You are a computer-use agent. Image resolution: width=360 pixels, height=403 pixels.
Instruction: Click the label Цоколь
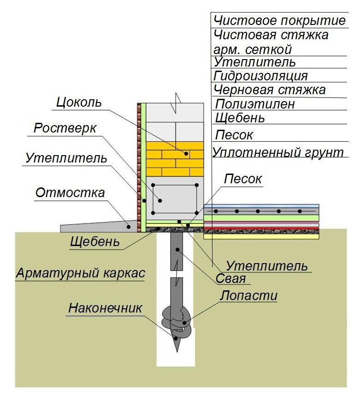pyautogui.click(x=78, y=102)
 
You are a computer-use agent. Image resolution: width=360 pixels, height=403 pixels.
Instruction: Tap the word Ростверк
pyautogui.click(x=65, y=128)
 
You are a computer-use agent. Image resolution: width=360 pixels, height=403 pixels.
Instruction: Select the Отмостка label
pyautogui.click(x=70, y=192)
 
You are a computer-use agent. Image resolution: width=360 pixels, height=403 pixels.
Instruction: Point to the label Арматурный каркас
pyautogui.click(x=80, y=273)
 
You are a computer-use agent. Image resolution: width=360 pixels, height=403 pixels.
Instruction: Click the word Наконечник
pyautogui.click(x=106, y=308)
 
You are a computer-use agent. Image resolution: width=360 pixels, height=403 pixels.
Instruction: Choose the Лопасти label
pyautogui.click(x=249, y=295)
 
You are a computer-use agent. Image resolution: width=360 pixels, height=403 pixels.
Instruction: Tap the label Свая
pyautogui.click(x=231, y=279)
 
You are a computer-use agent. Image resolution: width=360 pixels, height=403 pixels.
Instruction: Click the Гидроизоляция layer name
pyautogui.click(x=261, y=76)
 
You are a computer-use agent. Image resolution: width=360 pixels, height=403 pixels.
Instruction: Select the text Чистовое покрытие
pyautogui.click(x=279, y=21)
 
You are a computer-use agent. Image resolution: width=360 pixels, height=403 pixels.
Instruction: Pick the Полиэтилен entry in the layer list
pyautogui.click(x=255, y=104)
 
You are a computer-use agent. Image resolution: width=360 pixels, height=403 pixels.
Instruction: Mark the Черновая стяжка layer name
pyautogui.click(x=269, y=90)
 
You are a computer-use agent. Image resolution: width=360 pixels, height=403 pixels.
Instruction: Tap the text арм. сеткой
pyautogui.click(x=252, y=49)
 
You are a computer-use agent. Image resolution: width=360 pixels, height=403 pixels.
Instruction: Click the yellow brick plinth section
pyautogui.click(x=175, y=159)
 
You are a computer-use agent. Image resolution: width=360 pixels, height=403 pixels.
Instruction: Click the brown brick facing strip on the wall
pyautogui.click(x=139, y=166)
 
